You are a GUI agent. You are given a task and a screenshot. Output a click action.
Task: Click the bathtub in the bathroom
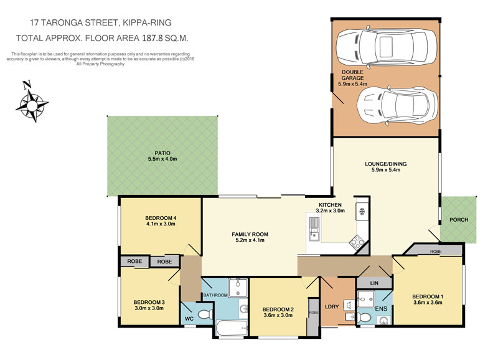point(232,327)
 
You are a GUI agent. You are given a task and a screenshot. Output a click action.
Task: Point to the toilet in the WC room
point(205,315)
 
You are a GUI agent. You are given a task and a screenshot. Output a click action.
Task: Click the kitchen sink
point(314,228)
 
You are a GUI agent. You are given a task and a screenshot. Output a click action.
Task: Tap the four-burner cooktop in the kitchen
point(357,242)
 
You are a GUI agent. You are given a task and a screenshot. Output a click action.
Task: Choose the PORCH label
point(459,220)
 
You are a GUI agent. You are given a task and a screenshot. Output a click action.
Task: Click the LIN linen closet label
point(374,283)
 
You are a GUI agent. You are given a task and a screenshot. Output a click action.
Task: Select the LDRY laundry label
point(332,306)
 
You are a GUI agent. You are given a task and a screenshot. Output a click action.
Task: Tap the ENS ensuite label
point(381,308)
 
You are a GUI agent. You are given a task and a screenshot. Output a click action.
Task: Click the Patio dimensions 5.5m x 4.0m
point(162,159)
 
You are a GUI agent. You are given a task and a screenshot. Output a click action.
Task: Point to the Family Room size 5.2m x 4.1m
point(250,240)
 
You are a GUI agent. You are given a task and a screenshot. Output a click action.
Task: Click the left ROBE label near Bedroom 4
point(134,261)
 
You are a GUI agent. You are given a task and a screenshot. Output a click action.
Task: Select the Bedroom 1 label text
point(428,296)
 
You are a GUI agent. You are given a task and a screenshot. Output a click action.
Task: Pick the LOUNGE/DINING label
point(385,164)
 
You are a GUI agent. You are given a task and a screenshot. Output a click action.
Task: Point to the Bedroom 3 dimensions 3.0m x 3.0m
point(149,308)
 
